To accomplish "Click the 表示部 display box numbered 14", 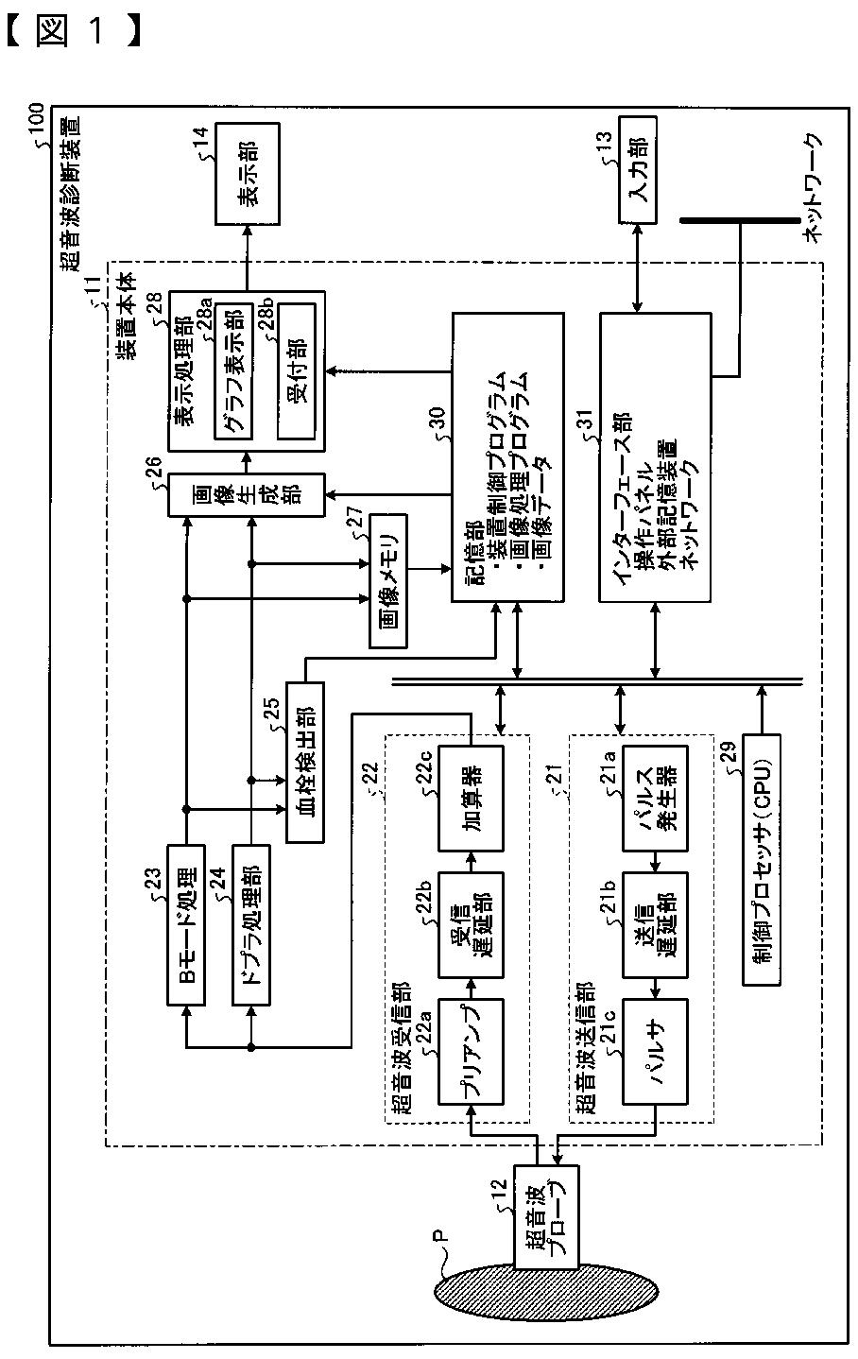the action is [x=247, y=174].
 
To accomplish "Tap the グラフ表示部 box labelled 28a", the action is [x=233, y=371].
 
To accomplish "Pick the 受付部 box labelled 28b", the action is [x=296, y=371].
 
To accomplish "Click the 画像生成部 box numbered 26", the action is [x=247, y=494].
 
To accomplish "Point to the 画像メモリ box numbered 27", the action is [x=388, y=580].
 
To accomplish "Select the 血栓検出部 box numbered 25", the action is [x=304, y=762].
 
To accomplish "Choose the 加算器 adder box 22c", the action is [x=471, y=799].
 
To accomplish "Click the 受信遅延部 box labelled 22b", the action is [x=471, y=924].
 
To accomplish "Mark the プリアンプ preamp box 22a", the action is [x=471, y=1052].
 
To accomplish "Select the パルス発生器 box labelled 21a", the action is [x=656, y=799].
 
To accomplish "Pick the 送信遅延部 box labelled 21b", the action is [x=656, y=924].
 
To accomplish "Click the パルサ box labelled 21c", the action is [x=656, y=1052].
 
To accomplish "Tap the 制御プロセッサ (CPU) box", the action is [x=762, y=860].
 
